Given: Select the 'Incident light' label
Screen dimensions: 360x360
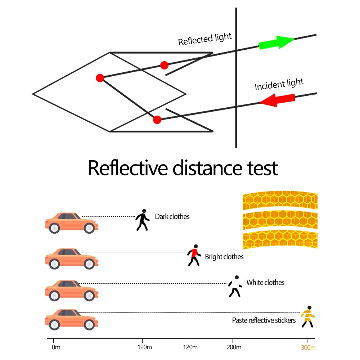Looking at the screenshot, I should tap(279, 84).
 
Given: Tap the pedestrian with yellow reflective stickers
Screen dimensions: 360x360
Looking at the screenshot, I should tap(308, 317).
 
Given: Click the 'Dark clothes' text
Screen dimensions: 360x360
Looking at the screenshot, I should tap(172, 217).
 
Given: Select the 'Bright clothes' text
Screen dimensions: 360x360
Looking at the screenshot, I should tap(224, 257).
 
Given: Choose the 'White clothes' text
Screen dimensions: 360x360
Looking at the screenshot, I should tap(265, 283).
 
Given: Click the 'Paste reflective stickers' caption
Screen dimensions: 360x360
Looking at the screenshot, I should tap(264, 320).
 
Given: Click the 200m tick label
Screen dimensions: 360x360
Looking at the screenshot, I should tap(234, 347).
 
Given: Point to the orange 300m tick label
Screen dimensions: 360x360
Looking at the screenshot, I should tap(308, 347).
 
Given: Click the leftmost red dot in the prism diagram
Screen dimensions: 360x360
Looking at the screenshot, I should tap(100, 78).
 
